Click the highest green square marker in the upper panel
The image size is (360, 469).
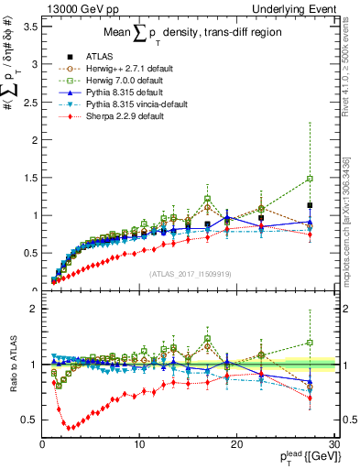(311, 179)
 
